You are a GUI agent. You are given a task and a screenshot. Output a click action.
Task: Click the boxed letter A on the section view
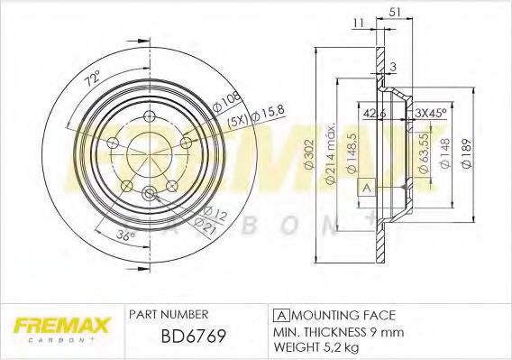(366, 188)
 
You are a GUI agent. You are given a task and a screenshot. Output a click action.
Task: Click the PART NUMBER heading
(170, 314)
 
